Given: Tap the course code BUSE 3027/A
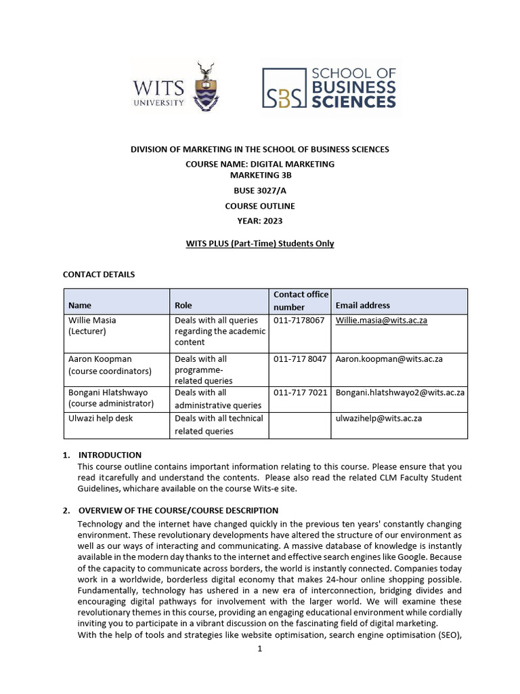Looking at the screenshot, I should point(260,190).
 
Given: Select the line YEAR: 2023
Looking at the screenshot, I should point(260,220).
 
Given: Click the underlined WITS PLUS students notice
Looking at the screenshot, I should point(260,243).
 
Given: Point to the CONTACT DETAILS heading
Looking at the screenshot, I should point(99,274).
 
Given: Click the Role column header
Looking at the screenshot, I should point(183,306).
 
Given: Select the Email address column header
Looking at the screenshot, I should point(363,306).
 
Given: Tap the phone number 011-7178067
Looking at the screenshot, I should point(299,320).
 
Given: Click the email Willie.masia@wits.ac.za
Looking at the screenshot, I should point(381,320).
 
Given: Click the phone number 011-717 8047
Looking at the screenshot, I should point(300,359).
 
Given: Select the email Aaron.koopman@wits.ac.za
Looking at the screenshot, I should point(389,359).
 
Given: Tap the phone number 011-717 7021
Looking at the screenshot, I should point(300,392).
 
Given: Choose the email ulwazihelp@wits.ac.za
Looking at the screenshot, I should point(378,418).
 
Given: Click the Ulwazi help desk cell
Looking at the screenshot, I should point(100,418).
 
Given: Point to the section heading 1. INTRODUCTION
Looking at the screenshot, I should point(110,455).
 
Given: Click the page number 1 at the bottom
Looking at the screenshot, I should point(259,649).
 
